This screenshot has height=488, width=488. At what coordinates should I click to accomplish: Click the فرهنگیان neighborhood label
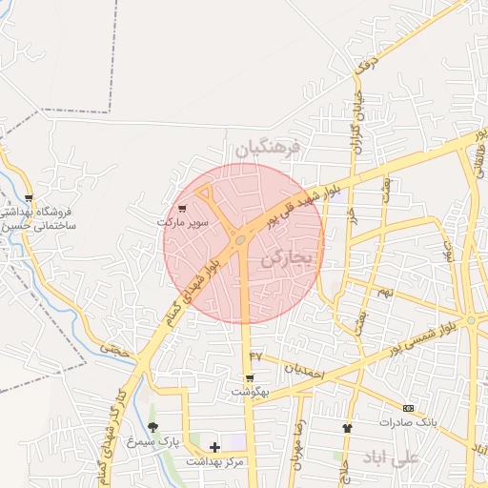pyautogui.click(x=268, y=148)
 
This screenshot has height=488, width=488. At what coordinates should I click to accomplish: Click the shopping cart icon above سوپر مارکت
pyautogui.click(x=182, y=208)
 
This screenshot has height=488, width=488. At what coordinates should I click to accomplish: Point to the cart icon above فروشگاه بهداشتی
pyautogui.click(x=29, y=198)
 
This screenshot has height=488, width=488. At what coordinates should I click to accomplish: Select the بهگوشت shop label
pyautogui.click(x=251, y=392)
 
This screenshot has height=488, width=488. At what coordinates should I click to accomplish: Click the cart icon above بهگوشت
pyautogui.click(x=250, y=377)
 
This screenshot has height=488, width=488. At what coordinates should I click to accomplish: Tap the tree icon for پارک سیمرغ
pyautogui.click(x=152, y=427)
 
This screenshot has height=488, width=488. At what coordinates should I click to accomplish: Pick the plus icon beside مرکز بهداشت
pyautogui.click(x=214, y=447)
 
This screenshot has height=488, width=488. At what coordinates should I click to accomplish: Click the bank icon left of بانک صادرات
pyautogui.click(x=409, y=408)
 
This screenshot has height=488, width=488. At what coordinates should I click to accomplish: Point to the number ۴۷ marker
pyautogui.click(x=255, y=356)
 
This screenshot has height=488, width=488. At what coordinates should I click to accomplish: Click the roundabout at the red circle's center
pyautogui.click(x=241, y=238)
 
